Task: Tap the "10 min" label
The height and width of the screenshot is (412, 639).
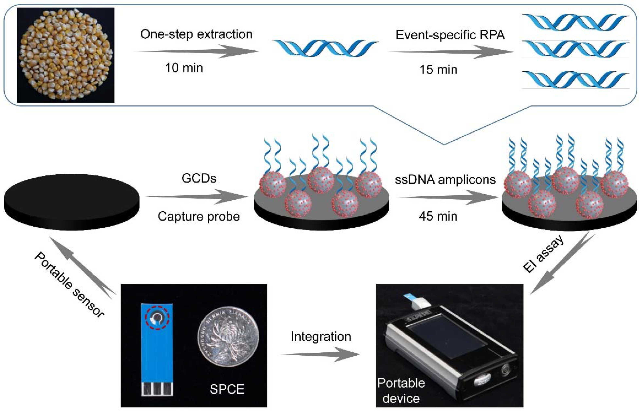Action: click(184, 68)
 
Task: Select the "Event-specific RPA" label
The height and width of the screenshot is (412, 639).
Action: click(450, 35)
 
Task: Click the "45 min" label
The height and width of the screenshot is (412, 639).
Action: click(438, 216)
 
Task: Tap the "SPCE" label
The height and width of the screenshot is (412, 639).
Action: click(227, 389)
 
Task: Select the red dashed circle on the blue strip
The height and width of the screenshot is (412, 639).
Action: click(157, 318)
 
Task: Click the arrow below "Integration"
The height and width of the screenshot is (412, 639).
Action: click(320, 354)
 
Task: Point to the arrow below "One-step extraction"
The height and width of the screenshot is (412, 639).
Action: click(197, 51)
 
